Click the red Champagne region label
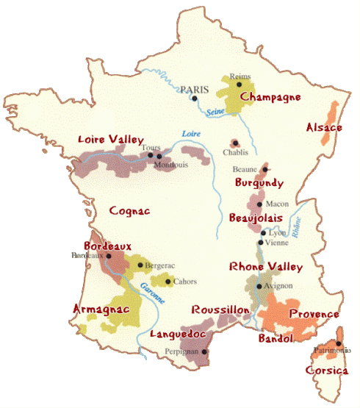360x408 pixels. (270, 98)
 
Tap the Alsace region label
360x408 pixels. (324, 128)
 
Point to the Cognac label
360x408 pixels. (130, 211)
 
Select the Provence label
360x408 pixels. (314, 314)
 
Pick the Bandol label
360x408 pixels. (276, 339)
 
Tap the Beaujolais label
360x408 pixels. (257, 219)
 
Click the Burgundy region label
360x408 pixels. (259, 182)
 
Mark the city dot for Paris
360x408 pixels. (194, 97)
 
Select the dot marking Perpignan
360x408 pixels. (204, 351)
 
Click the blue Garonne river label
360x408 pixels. (152, 293)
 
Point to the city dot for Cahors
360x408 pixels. (169, 281)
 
